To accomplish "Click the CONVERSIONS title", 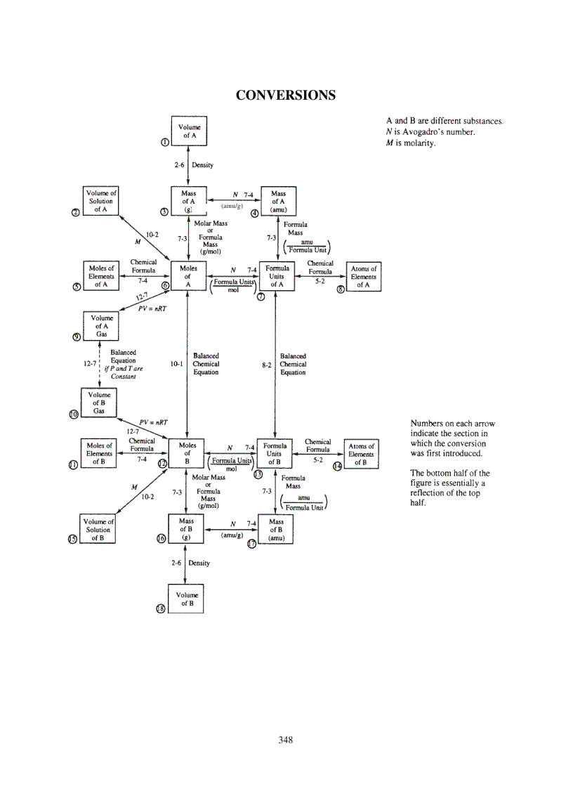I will (285, 94).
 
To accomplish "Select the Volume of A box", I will (189, 131).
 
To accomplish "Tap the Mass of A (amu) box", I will (278, 201).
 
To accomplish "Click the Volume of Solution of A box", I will (101, 201).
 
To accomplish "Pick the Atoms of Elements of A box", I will (363, 277).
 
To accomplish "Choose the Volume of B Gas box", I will (99, 403).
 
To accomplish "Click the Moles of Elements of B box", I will (98, 454).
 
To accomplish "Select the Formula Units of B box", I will (274, 454).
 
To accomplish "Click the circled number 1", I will (165, 143).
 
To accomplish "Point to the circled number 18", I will (160, 609).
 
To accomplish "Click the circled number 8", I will (341, 290).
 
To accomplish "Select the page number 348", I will (285, 739).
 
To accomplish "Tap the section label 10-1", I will (176, 364).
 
